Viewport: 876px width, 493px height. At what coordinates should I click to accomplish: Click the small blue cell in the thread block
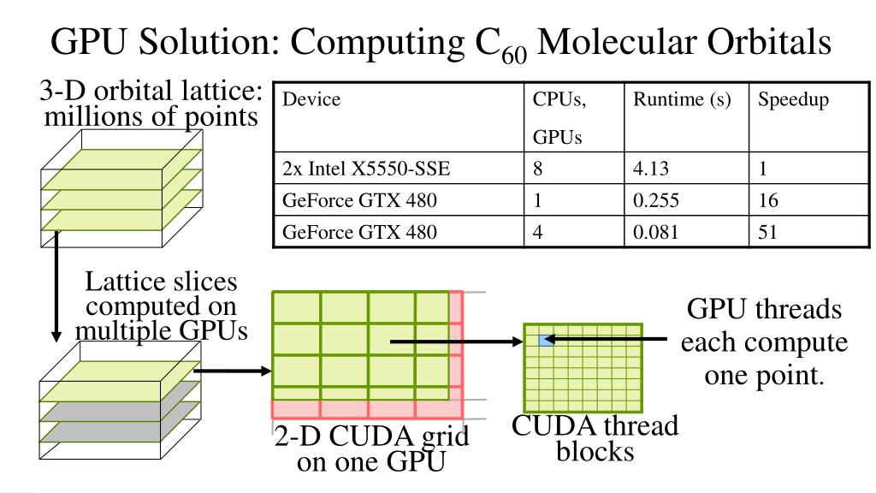coord(543,341)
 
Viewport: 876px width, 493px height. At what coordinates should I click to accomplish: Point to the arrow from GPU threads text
coord(607,341)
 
